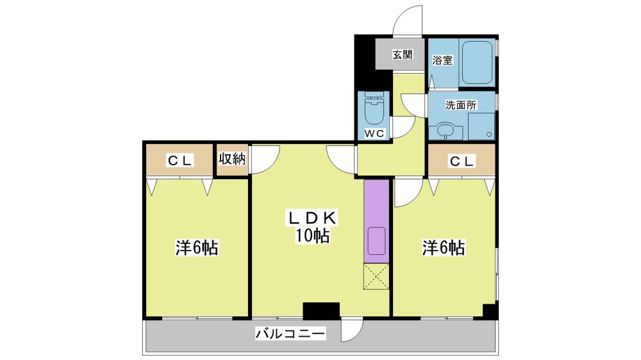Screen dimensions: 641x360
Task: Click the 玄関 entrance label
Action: pyautogui.click(x=403, y=54)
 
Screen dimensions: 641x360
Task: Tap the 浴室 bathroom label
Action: pyautogui.click(x=442, y=60)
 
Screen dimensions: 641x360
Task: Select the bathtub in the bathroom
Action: pyautogui.click(x=477, y=62)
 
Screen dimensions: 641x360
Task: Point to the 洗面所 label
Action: pyautogui.click(x=461, y=105)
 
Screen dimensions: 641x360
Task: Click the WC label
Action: pyautogui.click(x=374, y=133)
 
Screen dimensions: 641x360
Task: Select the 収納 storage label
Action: pyautogui.click(x=232, y=159)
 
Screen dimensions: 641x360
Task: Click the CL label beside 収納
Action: pyautogui.click(x=180, y=161)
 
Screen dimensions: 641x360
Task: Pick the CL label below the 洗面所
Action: pyautogui.click(x=462, y=161)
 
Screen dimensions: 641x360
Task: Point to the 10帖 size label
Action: pyautogui.click(x=312, y=236)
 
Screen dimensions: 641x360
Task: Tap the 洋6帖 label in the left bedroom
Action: pyautogui.click(x=197, y=248)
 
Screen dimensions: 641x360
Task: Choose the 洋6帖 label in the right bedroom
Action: pyautogui.click(x=443, y=248)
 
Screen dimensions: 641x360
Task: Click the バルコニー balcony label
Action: pyautogui.click(x=290, y=334)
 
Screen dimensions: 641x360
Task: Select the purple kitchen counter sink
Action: pyautogui.click(x=376, y=241)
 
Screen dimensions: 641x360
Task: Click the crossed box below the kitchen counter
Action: pyautogui.click(x=376, y=277)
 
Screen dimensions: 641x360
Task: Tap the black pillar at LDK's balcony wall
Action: pyautogui.click(x=321, y=311)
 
